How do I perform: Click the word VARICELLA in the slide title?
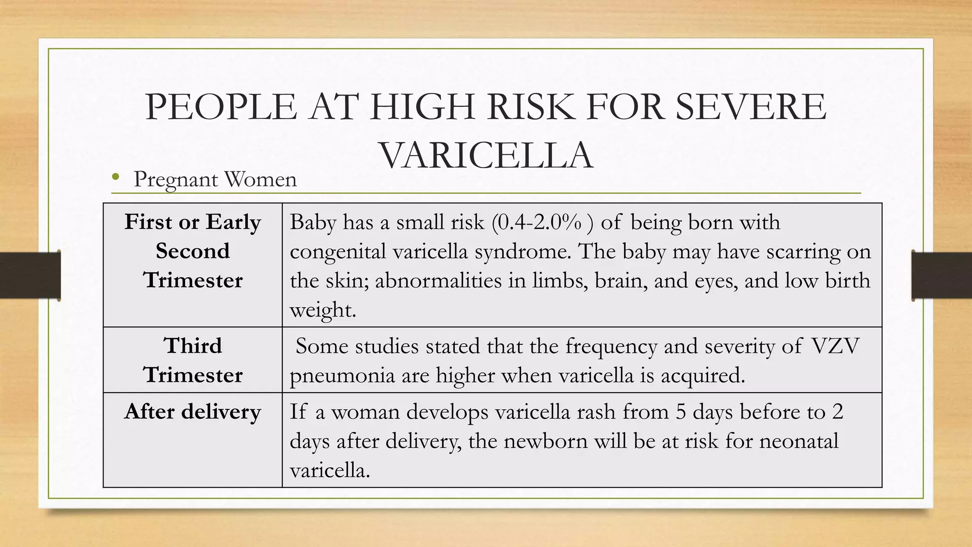click(x=486, y=156)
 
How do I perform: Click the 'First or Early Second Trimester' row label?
click(x=193, y=251)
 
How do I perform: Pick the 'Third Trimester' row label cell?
click(x=193, y=360)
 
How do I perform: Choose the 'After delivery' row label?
click(x=193, y=411)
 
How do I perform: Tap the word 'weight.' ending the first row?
click(x=323, y=310)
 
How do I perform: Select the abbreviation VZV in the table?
click(x=835, y=346)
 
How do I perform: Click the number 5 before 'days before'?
click(x=681, y=412)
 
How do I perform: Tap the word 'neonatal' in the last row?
click(x=799, y=441)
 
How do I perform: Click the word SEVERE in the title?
click(x=750, y=107)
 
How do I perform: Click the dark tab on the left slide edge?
click(x=30, y=275)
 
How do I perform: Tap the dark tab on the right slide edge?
click(x=942, y=275)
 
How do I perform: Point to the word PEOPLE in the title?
click(x=221, y=107)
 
